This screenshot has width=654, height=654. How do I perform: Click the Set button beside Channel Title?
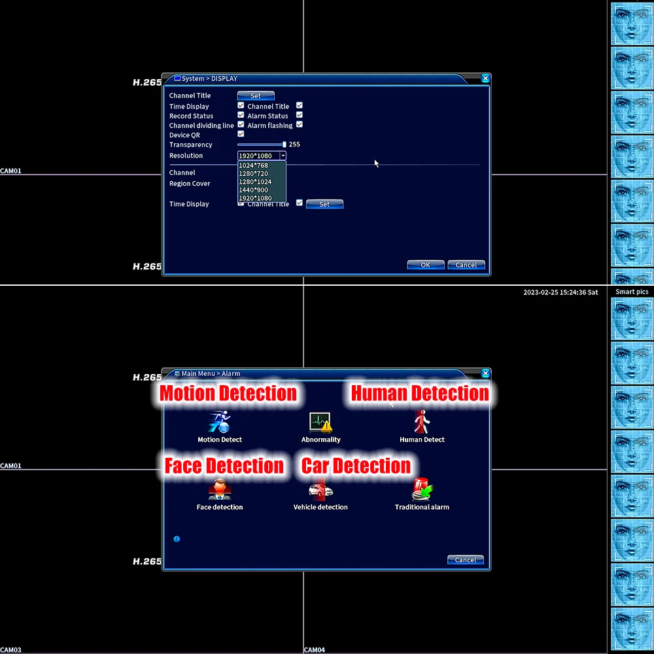tap(256, 95)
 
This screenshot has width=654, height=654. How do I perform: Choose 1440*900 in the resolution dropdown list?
tap(253, 190)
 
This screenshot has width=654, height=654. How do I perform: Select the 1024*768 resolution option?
tap(253, 165)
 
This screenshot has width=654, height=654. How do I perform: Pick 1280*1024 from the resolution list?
tap(254, 182)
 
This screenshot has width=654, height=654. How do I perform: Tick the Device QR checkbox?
tap(241, 134)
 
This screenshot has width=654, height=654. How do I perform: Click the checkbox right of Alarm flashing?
tap(300, 125)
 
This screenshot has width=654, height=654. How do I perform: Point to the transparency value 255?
tap(294, 145)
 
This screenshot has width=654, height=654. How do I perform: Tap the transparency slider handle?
tap(284, 145)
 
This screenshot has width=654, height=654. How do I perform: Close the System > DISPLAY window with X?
tap(485, 78)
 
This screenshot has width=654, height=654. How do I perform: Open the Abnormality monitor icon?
tap(320, 422)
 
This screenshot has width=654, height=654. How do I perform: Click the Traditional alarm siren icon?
tap(422, 490)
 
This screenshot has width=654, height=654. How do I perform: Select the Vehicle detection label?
tap(320, 507)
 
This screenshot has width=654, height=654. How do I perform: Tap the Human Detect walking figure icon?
tap(421, 422)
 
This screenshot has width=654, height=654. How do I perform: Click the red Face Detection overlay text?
tap(224, 466)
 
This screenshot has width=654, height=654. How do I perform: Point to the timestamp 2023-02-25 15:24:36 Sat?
tap(560, 292)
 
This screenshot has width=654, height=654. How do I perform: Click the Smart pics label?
tap(632, 292)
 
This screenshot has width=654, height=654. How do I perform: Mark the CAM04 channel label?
tap(315, 650)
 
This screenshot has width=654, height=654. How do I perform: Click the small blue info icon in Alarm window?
tap(177, 539)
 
